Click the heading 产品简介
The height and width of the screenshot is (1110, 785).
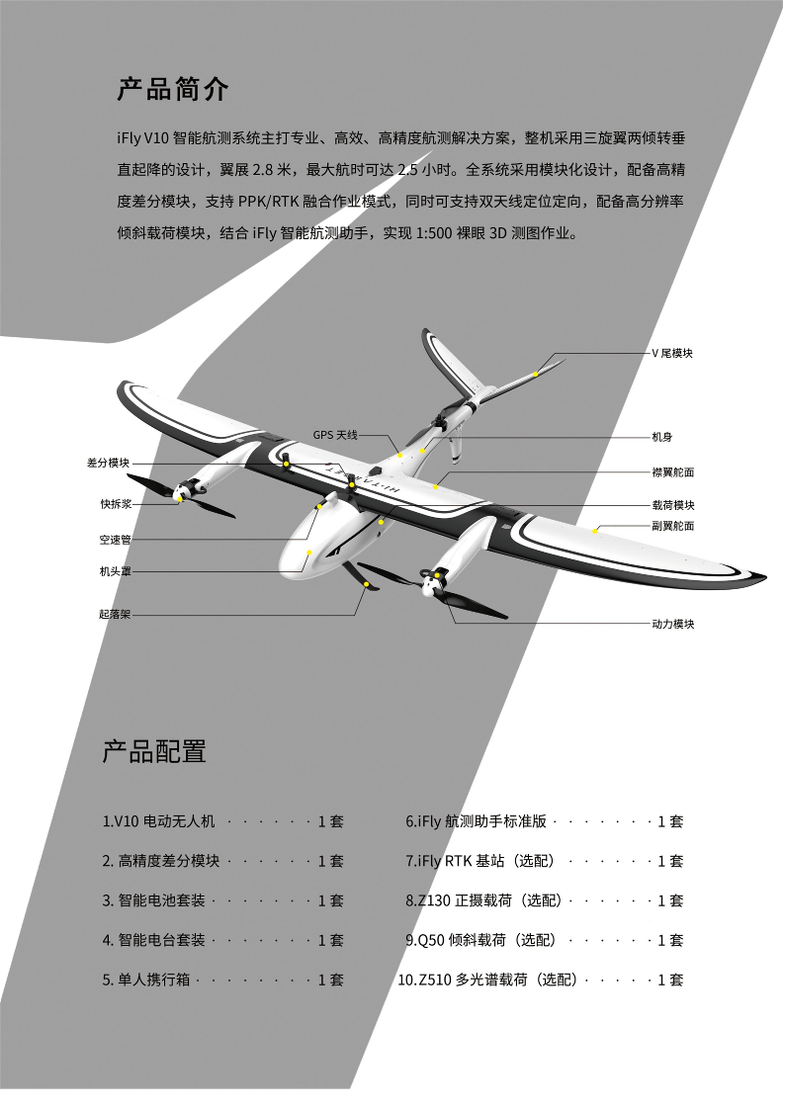coord(173,90)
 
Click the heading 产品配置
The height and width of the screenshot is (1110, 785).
coord(154,751)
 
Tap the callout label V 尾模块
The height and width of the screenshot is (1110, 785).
coord(672,353)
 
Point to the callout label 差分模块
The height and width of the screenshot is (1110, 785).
coord(108,463)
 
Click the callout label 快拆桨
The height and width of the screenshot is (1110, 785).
coord(115,503)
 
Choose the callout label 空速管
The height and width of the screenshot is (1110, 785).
coord(115,540)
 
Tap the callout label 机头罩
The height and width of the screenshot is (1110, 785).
coord(115,571)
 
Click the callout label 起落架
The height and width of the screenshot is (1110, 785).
coord(115,614)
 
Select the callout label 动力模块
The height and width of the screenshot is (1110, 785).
coord(673,624)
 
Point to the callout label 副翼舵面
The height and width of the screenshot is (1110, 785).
coord(673,526)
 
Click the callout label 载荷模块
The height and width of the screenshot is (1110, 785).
coord(673,505)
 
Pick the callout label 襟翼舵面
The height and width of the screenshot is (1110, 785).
coord(673,472)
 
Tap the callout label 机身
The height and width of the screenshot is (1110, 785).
coord(662,436)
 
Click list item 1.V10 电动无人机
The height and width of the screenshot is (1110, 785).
coord(158,821)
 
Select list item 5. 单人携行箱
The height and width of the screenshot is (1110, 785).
coord(147,980)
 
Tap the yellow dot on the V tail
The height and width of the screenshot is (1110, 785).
coord(535,374)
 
